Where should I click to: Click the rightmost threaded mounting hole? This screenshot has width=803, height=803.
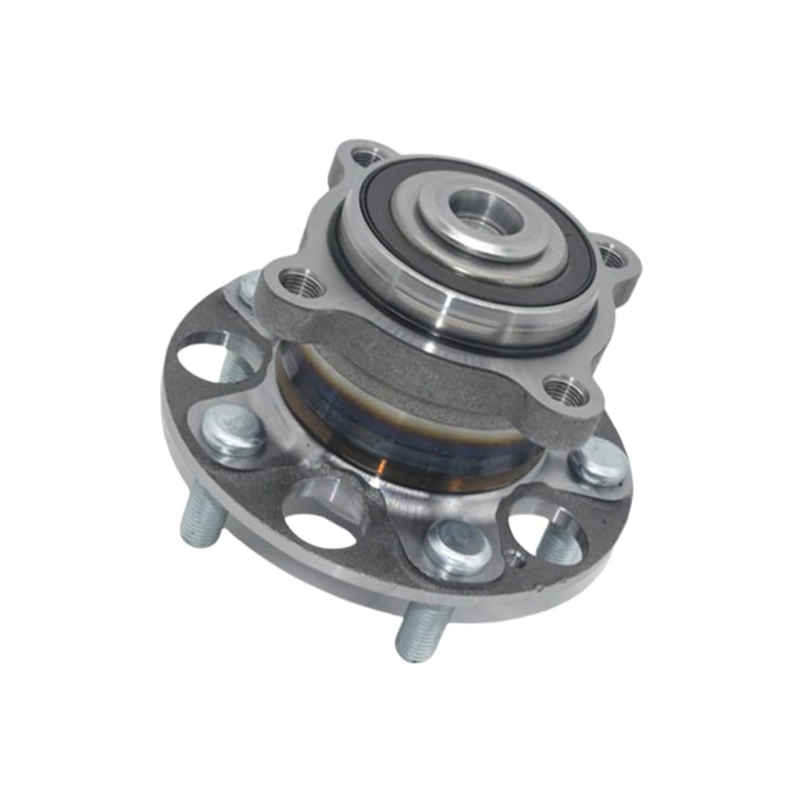(612, 257)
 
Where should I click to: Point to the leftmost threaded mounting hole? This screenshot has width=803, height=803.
(302, 284)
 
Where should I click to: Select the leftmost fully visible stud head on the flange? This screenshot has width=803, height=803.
(233, 433)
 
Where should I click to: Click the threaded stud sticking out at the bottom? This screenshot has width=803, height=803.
(422, 632)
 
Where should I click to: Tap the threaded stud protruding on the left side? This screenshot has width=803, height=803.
(201, 517)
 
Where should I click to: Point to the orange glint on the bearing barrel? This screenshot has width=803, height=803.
(381, 467)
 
